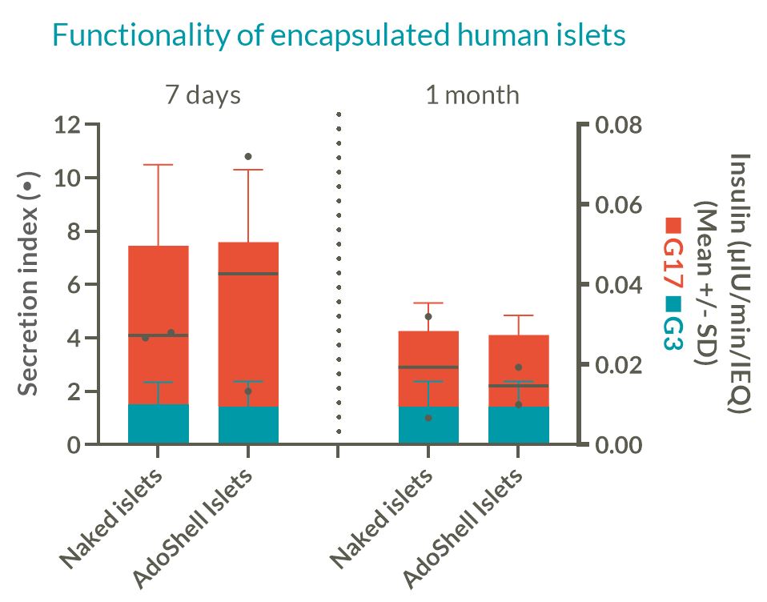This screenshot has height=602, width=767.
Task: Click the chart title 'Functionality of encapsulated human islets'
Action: tap(338, 35)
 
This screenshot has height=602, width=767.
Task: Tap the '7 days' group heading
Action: tap(203, 95)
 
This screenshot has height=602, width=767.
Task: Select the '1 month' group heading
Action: tap(472, 95)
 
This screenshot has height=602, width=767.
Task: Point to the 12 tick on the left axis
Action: tap(68, 125)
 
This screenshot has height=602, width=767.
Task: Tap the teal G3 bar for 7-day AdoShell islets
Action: tap(248, 425)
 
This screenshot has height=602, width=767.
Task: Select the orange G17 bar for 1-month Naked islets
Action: tap(428, 352)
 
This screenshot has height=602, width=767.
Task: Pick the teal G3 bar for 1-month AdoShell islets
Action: tap(519, 425)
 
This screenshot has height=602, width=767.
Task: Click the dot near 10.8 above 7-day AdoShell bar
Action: tap(248, 156)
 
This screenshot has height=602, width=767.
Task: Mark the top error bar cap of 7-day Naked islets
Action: tap(159, 165)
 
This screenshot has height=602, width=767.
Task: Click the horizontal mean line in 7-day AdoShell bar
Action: tap(248, 274)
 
